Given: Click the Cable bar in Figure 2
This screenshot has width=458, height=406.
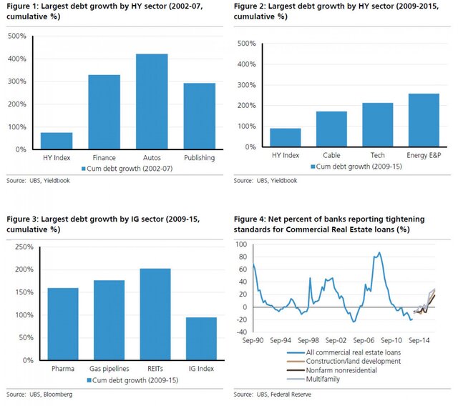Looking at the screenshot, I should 331,129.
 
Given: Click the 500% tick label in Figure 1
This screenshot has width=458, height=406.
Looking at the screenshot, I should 17,36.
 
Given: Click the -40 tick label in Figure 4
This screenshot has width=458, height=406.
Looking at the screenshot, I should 243,331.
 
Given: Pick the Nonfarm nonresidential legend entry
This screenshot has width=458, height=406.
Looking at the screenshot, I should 333,370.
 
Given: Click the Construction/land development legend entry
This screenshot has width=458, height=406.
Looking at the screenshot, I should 341,362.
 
